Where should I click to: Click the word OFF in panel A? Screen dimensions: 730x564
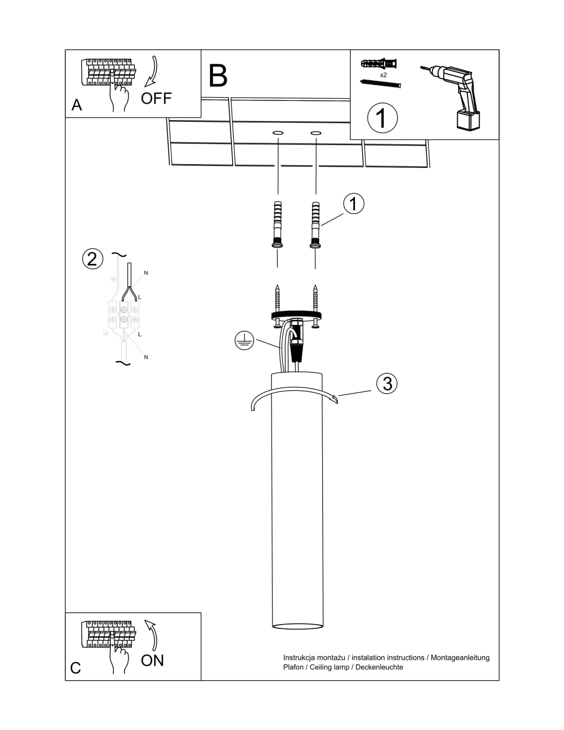(156, 98)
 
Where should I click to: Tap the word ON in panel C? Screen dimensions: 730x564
(152, 660)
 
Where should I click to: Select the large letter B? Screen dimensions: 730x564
(218, 76)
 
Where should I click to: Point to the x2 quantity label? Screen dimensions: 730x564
(383, 74)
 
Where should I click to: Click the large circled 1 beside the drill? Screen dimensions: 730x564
(382, 118)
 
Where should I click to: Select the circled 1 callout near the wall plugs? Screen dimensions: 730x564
(353, 203)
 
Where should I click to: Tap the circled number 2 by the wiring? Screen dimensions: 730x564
(92, 259)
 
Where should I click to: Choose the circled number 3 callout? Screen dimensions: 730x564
(387, 384)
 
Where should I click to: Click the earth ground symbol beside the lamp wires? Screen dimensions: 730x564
(245, 341)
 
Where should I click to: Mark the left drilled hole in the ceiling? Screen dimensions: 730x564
(278, 133)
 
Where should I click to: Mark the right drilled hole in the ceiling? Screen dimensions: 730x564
(315, 133)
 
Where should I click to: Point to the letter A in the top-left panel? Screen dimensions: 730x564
(77, 105)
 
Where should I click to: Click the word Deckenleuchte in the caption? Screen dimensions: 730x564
(379, 667)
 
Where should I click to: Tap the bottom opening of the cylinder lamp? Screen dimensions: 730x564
(297, 626)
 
